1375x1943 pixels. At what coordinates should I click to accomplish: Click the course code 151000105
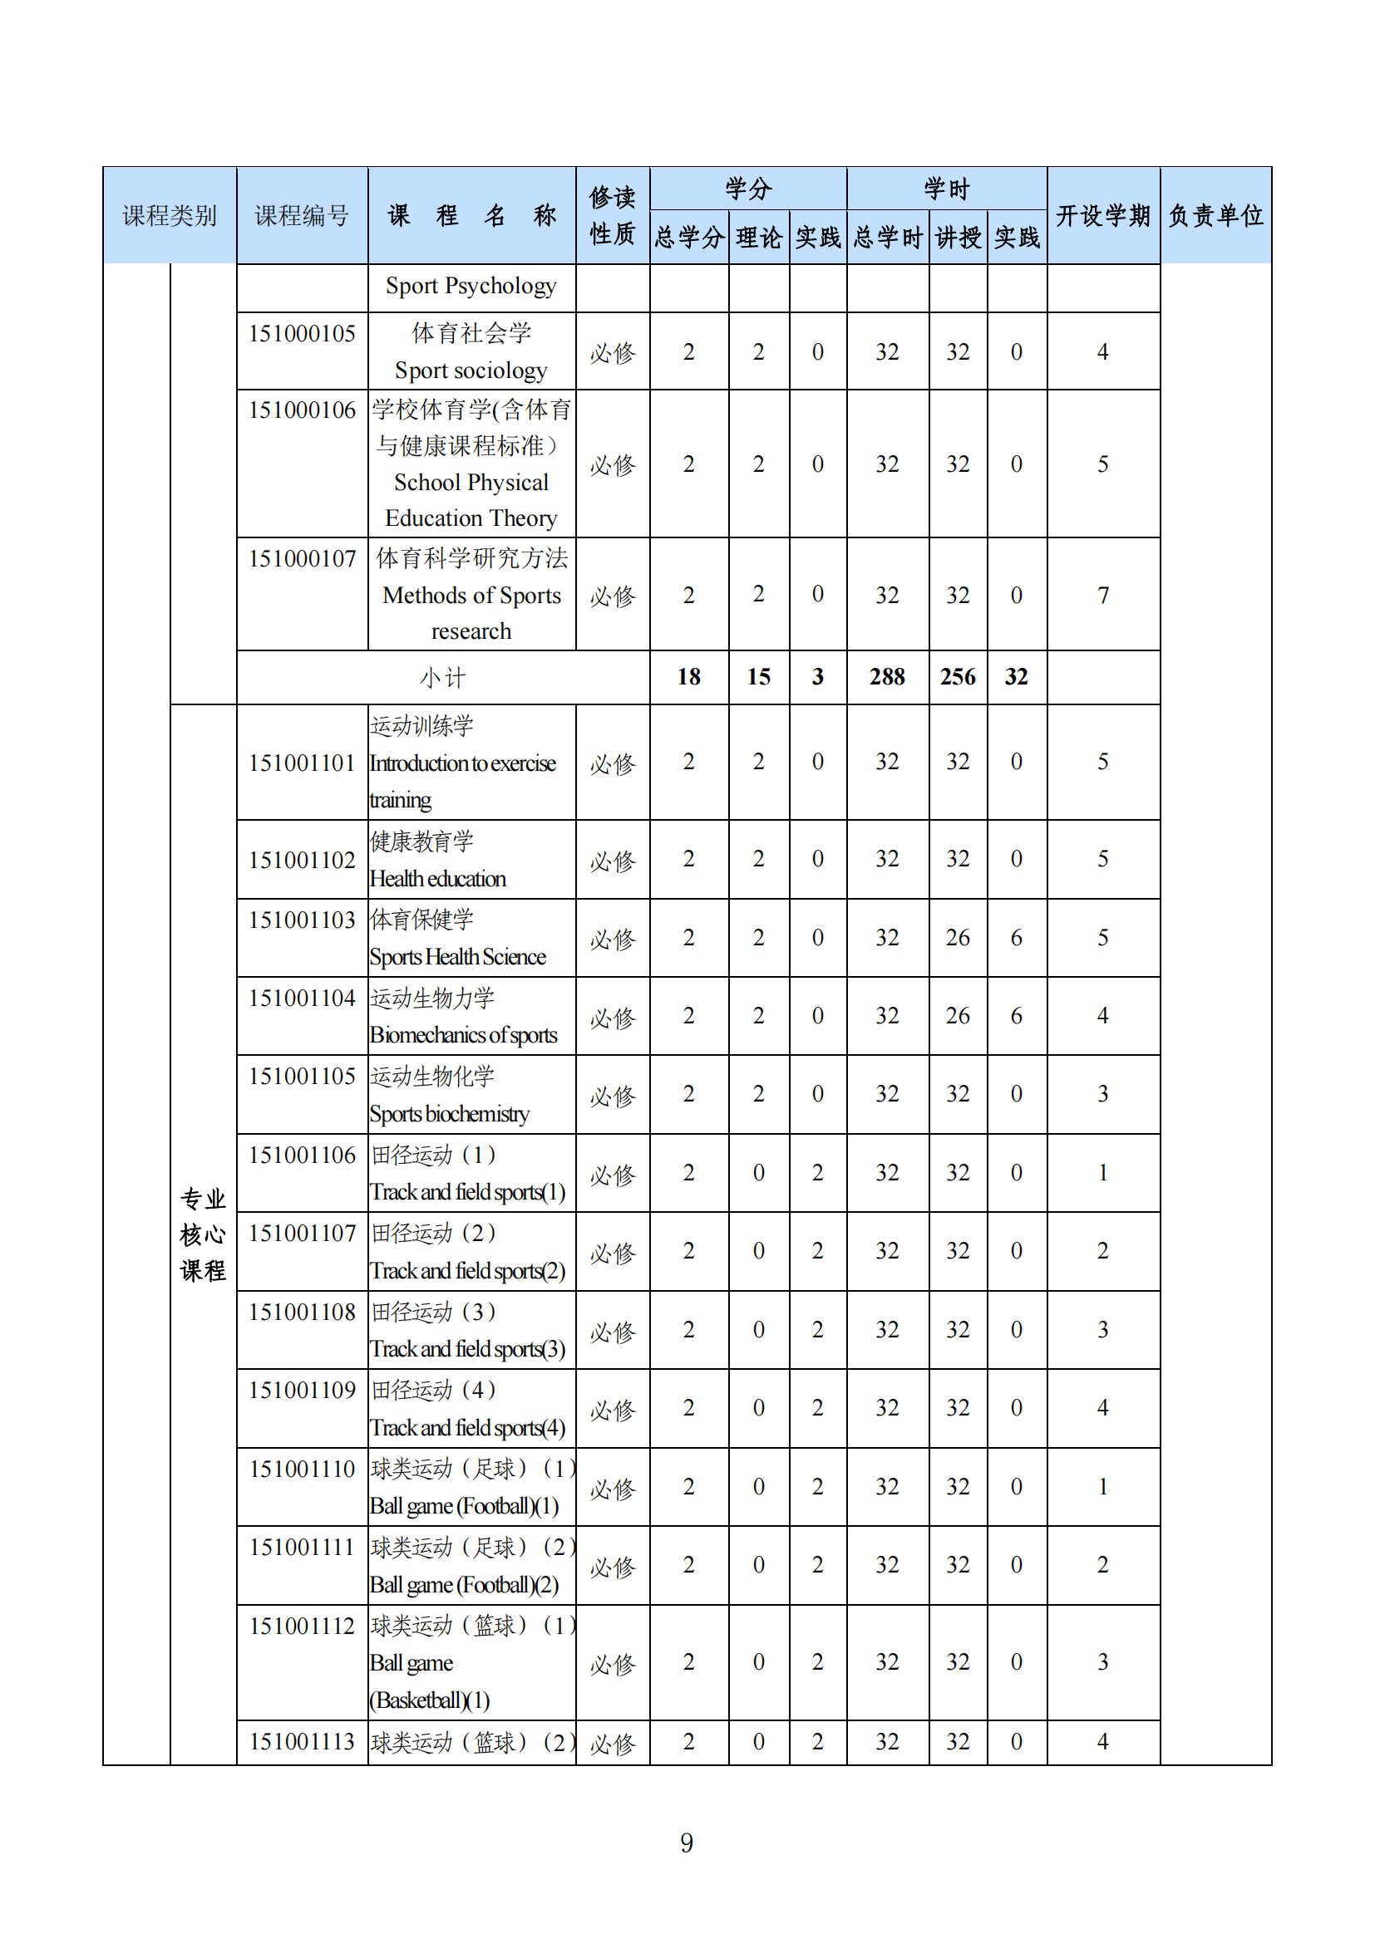click(x=302, y=334)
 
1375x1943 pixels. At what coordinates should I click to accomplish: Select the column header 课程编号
click(x=302, y=216)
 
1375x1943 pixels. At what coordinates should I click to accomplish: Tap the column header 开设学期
click(x=1102, y=216)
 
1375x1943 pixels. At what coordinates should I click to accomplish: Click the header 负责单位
click(x=1215, y=216)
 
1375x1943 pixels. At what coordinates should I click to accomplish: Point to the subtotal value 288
click(x=886, y=677)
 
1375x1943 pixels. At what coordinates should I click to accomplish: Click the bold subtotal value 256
click(x=958, y=677)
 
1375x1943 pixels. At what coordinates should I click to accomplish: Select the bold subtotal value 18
click(x=688, y=677)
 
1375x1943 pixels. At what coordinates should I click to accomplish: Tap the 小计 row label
click(x=443, y=678)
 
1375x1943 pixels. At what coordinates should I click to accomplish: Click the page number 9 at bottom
click(x=687, y=1842)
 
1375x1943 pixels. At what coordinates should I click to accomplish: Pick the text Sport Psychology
click(x=471, y=286)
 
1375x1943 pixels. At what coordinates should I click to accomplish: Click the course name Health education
click(x=438, y=879)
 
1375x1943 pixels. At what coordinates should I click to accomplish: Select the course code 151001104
click(x=302, y=998)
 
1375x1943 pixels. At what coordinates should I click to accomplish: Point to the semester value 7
click(x=1102, y=596)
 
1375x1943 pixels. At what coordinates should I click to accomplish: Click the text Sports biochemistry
click(x=450, y=1115)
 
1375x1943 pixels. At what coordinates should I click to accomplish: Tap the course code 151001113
click(x=302, y=1742)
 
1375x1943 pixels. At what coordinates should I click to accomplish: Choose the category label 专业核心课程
click(x=203, y=1234)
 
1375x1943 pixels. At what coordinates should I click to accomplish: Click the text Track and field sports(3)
click(x=467, y=1349)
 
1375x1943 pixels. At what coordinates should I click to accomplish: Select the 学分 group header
click(x=747, y=189)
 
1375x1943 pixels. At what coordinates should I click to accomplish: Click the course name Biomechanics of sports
click(x=463, y=1036)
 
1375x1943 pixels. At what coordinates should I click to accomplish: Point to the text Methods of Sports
click(x=471, y=596)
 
